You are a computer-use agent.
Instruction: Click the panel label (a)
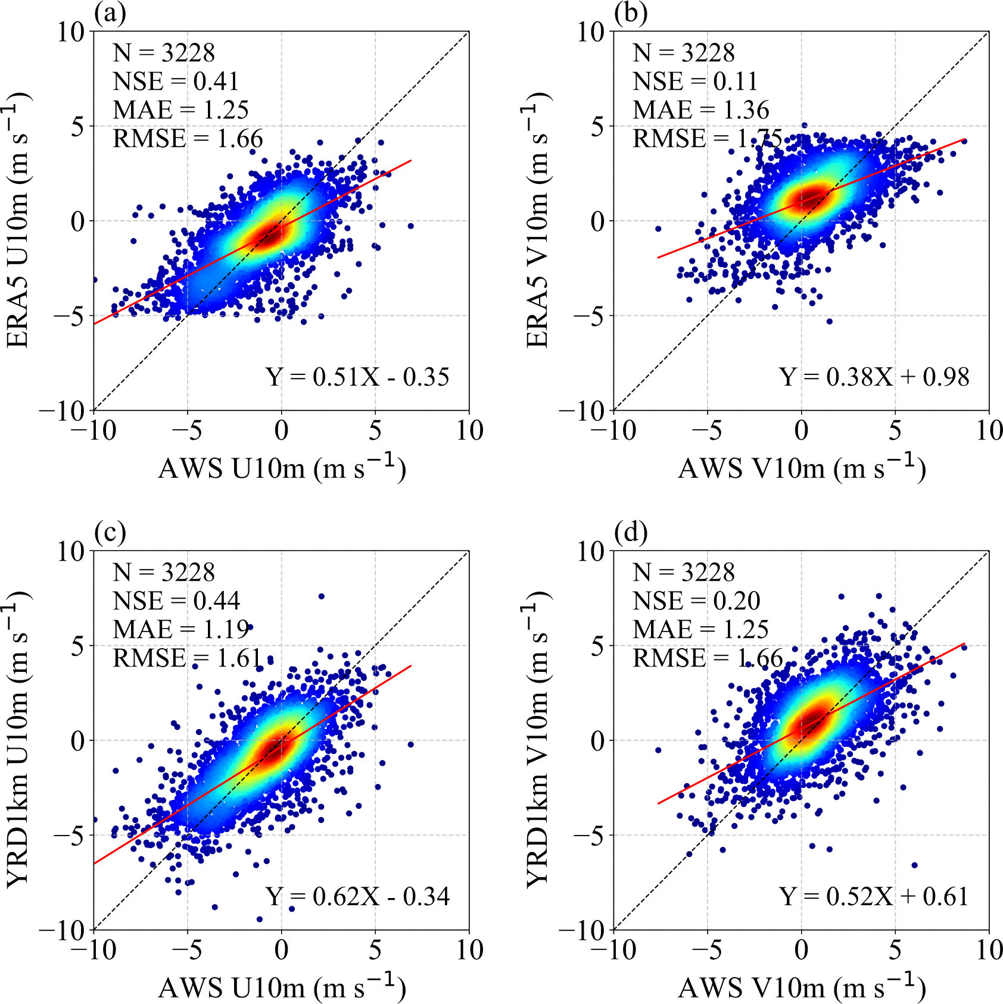(x=110, y=13)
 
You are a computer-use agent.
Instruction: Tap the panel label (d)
(x=631, y=532)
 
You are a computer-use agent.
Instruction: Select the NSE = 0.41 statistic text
(x=176, y=82)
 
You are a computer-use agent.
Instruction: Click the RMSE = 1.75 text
(x=708, y=139)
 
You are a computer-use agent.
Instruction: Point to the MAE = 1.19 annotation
(x=181, y=629)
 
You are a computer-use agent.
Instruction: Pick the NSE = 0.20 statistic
(x=696, y=601)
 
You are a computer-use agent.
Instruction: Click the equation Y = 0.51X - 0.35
(x=357, y=377)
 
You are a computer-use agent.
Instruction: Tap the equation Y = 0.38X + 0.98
(x=874, y=377)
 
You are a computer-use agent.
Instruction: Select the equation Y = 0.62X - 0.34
(x=357, y=896)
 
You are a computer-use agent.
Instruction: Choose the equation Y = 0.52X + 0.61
(x=874, y=896)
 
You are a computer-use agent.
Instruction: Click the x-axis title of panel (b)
(x=802, y=468)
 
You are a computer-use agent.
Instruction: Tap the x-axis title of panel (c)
(x=282, y=987)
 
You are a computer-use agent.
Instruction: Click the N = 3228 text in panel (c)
(x=164, y=573)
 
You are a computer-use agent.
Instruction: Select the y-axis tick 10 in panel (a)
(x=71, y=32)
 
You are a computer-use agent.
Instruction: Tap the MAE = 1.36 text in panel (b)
(x=701, y=110)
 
